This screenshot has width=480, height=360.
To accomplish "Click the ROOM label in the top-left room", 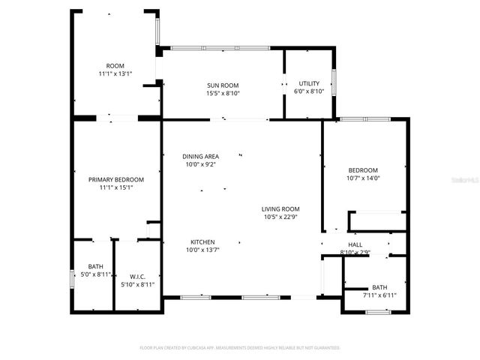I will click(115, 66).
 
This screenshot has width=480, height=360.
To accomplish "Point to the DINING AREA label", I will click(201, 156).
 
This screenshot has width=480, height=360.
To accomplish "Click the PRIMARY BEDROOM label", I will click(115, 179).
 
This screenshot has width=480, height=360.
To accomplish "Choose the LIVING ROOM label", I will click(280, 209).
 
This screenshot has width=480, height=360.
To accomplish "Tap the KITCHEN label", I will click(202, 241).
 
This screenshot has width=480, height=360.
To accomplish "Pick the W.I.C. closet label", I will click(136, 275).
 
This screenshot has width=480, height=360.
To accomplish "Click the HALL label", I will click(355, 244).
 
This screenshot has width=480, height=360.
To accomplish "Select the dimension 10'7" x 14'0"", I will click(363, 178).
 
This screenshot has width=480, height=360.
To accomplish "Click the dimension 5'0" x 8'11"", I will click(96, 275).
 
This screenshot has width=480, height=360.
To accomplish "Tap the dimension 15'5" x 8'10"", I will click(222, 94).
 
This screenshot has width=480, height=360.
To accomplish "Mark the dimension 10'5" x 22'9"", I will click(280, 217).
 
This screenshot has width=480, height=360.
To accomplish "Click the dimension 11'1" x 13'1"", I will click(115, 74).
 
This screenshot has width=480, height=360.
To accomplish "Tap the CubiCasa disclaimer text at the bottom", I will click(240, 347).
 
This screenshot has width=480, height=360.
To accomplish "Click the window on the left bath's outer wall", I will click(72, 279).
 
